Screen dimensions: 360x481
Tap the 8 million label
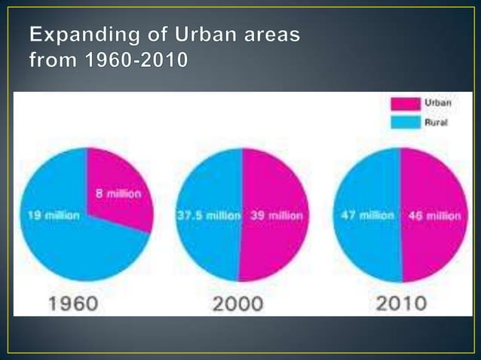pyautogui.click(x=118, y=194)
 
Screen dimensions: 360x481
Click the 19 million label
pyautogui.click(x=54, y=215)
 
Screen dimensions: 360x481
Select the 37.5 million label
pyautogui.click(x=209, y=215)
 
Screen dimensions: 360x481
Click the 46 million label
pyautogui.click(x=434, y=215)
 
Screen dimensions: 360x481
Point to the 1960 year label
pyautogui.click(x=73, y=304)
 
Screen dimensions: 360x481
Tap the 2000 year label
pyautogui.click(x=237, y=304)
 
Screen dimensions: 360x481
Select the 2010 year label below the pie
pyautogui.click(x=400, y=304)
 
